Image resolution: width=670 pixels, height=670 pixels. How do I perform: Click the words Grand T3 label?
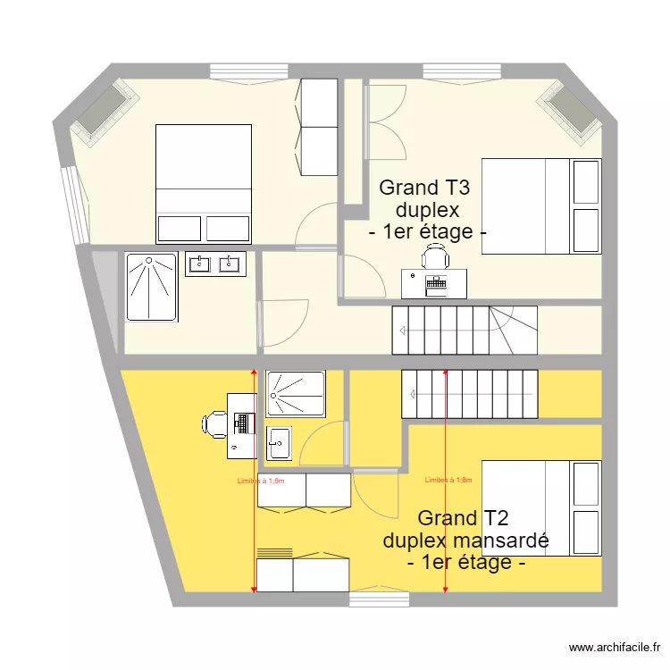pos(425,188)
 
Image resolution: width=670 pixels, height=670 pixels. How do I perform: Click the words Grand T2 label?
pos(463,518)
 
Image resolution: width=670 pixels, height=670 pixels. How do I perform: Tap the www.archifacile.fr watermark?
pos(616,648)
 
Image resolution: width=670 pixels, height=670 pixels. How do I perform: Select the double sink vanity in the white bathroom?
pos(215,264)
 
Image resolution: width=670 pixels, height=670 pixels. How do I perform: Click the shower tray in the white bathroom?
pos(152,287)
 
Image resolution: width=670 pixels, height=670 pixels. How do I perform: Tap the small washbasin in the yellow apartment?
pos(279,442)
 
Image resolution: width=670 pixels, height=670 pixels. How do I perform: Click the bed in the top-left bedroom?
pos(204,183)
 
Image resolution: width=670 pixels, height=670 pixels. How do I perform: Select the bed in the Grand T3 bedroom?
pos(541,206)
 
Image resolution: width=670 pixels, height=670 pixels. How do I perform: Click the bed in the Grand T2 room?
pos(541,507)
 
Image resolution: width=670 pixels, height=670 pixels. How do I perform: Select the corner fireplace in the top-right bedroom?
pos(572,112)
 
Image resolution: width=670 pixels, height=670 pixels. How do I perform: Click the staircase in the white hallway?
pos(465,330)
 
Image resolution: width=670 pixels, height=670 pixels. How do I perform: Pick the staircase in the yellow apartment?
pos(470,393)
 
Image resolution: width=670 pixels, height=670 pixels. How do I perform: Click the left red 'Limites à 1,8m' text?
pos(261,481)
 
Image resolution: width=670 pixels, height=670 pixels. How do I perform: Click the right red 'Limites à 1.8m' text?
pos(448,480)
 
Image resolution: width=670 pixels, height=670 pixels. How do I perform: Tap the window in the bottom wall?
pos(379,599)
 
